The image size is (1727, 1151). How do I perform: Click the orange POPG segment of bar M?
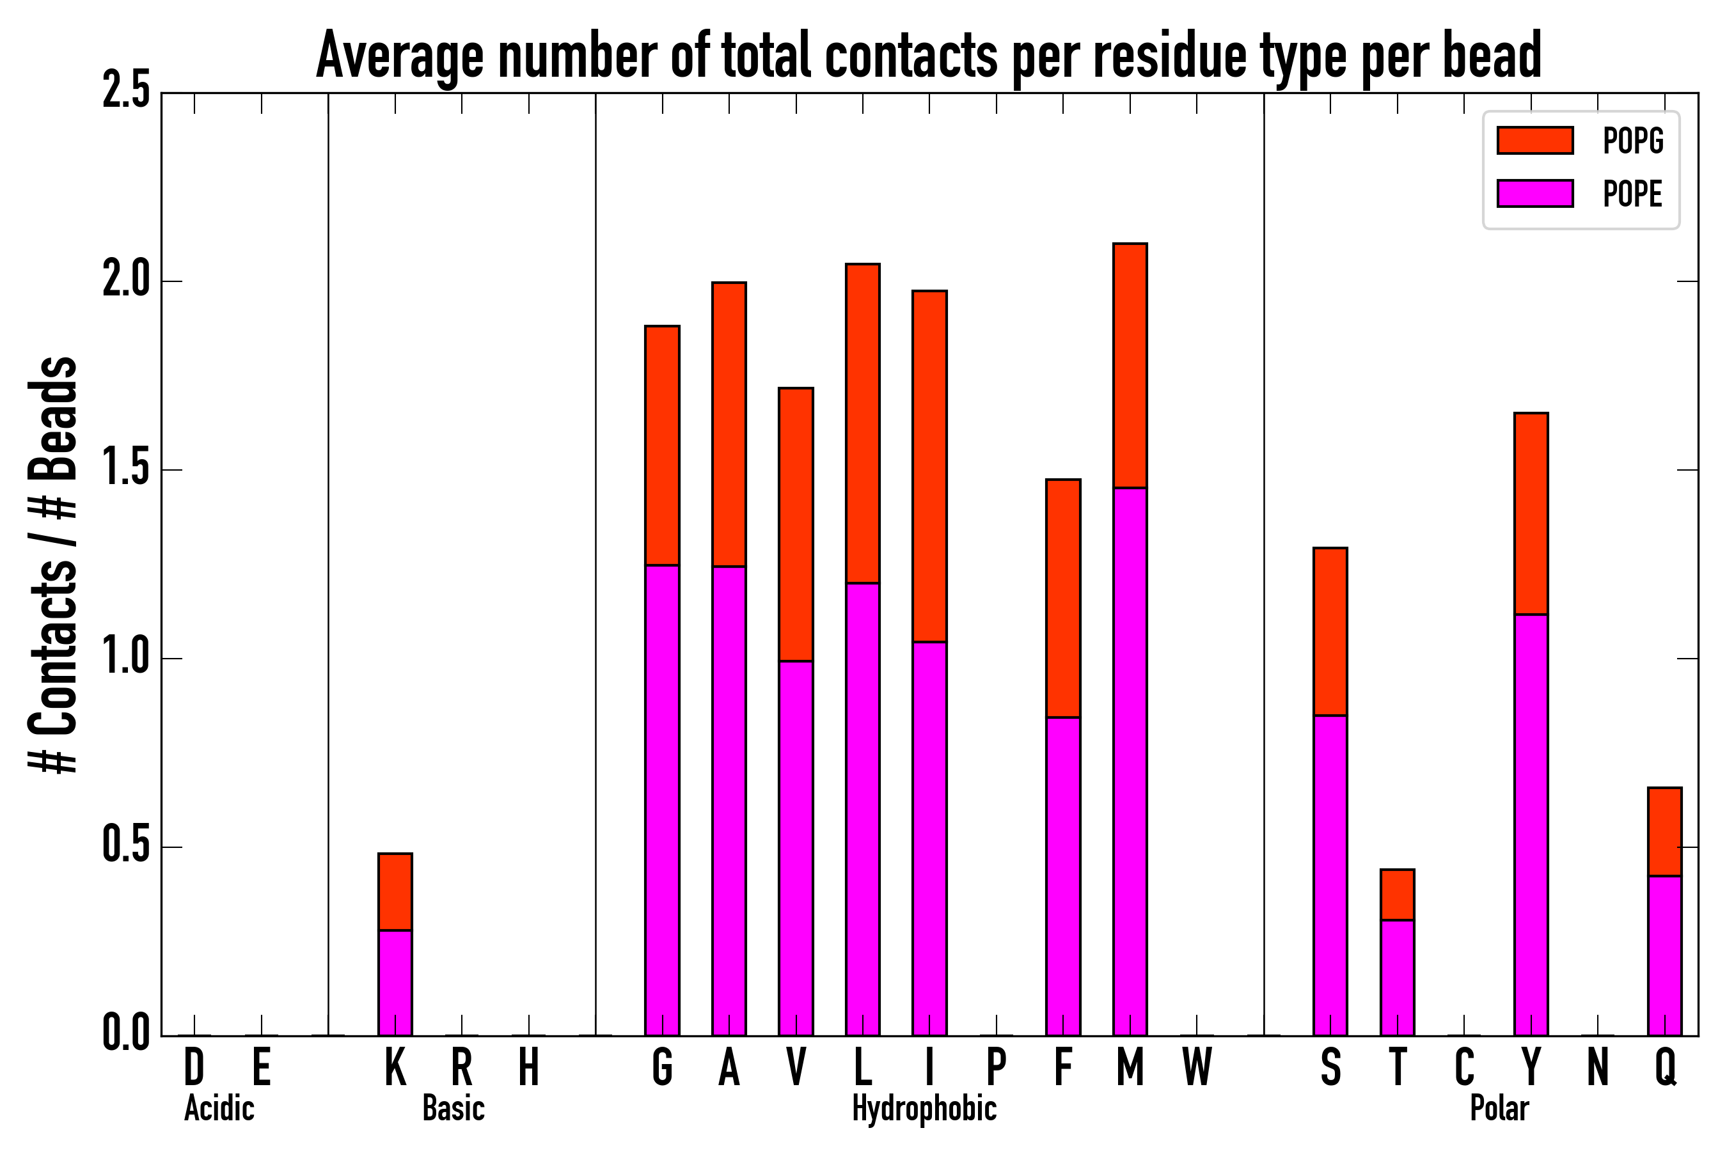click(1130, 365)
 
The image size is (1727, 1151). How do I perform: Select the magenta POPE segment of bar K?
click(395, 982)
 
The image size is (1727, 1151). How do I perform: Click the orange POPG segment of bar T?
click(1398, 894)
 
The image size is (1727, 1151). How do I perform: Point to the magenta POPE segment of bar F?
click(1063, 876)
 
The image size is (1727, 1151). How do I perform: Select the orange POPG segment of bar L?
click(863, 423)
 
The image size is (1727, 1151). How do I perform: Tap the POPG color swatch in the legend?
click(1534, 140)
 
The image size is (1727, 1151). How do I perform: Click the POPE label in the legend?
click(1632, 194)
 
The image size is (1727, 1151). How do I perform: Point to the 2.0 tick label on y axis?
click(126, 281)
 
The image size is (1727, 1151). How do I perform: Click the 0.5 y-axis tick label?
click(126, 847)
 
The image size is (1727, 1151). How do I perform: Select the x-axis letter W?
click(1197, 1067)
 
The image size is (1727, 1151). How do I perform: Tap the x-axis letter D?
click(194, 1067)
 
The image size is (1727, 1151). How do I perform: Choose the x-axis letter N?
click(1598, 1067)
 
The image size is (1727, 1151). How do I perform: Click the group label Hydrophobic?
click(924, 1108)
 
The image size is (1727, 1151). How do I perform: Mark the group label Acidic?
click(219, 1108)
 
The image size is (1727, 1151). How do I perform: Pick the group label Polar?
click(1499, 1108)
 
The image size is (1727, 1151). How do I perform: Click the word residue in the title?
click(1170, 56)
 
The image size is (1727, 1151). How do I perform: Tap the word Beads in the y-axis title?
click(53, 418)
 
